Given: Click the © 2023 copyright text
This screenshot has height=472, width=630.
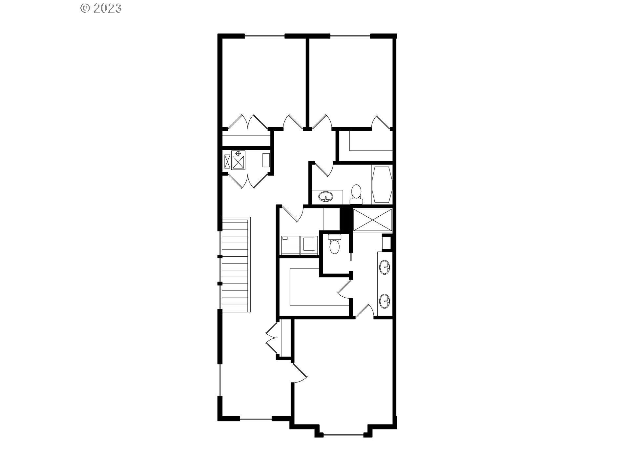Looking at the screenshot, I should (101, 8).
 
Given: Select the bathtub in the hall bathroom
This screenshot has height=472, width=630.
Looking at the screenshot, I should (381, 184).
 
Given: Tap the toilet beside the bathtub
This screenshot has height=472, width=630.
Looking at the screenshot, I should (356, 193).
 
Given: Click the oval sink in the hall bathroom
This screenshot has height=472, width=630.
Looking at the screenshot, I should (325, 197).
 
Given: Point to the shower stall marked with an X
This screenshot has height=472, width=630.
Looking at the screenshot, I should (372, 220).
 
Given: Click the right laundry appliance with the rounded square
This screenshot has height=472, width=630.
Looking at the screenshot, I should (309, 245).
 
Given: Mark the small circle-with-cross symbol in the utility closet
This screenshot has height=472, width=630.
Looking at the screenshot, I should (238, 153).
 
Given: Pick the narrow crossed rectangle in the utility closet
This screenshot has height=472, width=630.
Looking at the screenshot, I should (227, 162).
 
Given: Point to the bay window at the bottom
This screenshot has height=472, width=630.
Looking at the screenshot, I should (344, 435).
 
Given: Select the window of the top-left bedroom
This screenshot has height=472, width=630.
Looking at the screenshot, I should (264, 36).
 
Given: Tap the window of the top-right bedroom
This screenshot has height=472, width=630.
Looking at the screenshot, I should (350, 36).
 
